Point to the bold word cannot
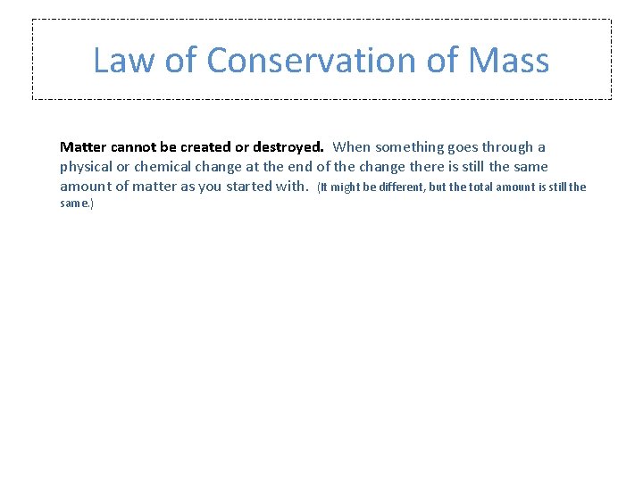coord(134,147)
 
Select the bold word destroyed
coord(288,147)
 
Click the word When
coord(352,147)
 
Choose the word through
coord(506,147)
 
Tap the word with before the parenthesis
coord(291,187)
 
